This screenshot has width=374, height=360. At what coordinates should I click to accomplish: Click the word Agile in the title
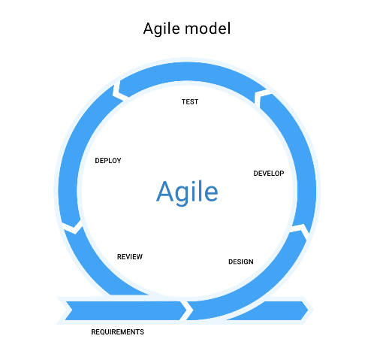click(x=161, y=29)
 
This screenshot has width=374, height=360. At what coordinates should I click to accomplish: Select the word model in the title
click(x=207, y=28)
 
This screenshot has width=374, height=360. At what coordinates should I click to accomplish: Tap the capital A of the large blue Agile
click(x=165, y=191)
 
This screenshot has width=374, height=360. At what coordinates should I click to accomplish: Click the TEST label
click(x=190, y=101)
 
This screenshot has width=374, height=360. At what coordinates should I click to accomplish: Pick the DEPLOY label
click(x=108, y=161)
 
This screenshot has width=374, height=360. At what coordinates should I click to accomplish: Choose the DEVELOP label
click(x=269, y=174)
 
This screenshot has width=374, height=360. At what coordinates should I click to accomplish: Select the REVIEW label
click(x=130, y=257)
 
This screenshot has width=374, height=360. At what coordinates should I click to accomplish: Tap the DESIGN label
click(x=241, y=262)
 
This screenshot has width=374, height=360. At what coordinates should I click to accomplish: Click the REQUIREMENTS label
click(x=117, y=332)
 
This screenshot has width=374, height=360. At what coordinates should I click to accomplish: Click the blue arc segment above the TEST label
click(x=190, y=72)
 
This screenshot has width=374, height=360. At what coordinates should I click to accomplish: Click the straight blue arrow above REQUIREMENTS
click(x=125, y=310)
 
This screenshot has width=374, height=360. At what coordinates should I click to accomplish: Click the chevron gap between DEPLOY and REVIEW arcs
click(x=73, y=228)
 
